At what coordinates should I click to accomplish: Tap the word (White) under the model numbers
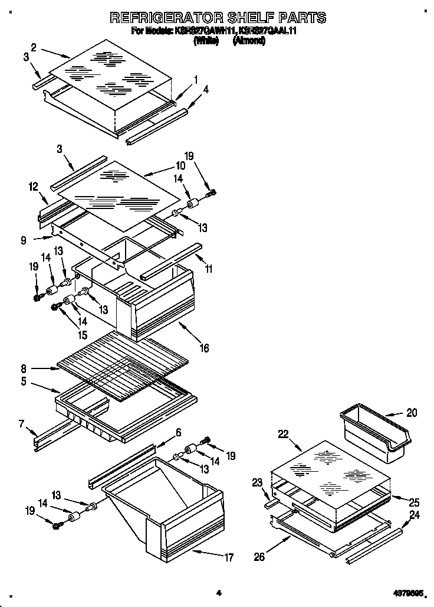click(x=206, y=41)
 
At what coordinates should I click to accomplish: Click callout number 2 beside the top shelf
click(x=34, y=47)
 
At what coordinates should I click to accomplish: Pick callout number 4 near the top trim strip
click(x=205, y=90)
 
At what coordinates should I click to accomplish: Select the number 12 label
click(x=32, y=187)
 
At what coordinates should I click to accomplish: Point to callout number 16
click(x=204, y=348)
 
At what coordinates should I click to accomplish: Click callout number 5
click(x=24, y=381)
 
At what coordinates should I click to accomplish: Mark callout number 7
click(x=22, y=423)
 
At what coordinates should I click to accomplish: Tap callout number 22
click(x=283, y=434)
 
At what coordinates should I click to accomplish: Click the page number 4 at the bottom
click(x=218, y=592)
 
